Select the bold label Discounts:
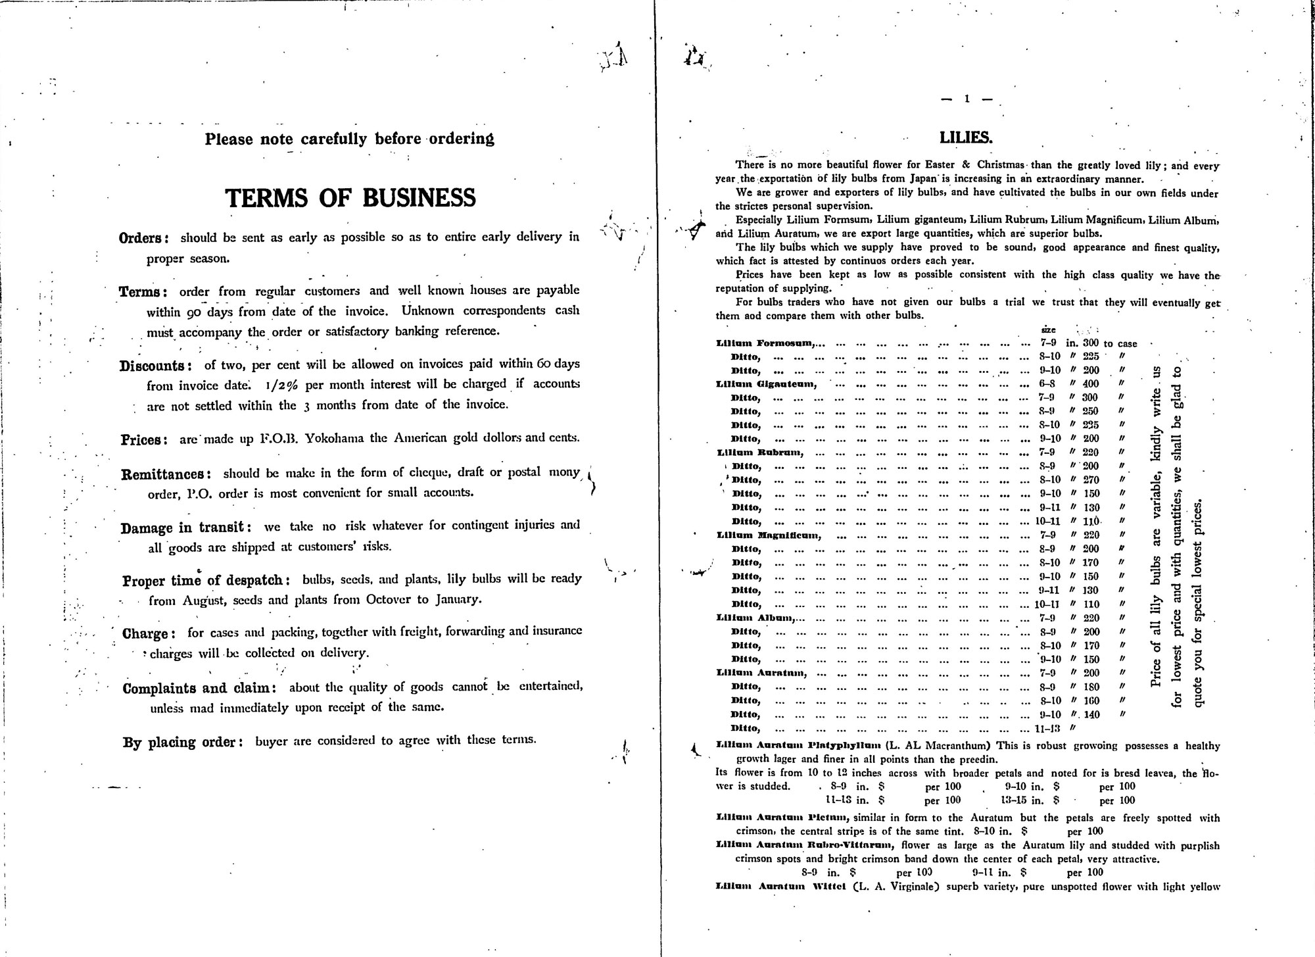(x=155, y=366)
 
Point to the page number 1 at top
(x=967, y=99)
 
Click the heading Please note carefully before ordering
(x=349, y=139)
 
